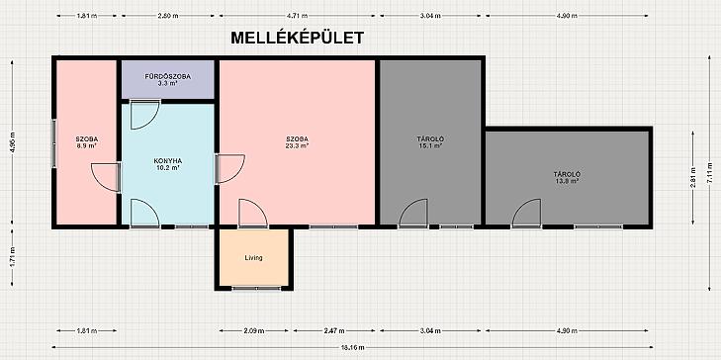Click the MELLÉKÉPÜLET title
(297, 38)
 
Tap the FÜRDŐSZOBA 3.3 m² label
(167, 80)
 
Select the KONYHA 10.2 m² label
(167, 164)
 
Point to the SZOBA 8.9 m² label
(86, 142)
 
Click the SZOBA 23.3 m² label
(297, 142)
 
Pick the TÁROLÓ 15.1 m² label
(430, 142)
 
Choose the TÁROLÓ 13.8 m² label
(567, 177)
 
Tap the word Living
(253, 258)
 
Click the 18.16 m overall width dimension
(353, 347)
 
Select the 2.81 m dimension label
(694, 177)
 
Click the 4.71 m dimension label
(297, 16)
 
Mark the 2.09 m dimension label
(254, 330)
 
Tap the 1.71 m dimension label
(13, 257)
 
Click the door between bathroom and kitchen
(144, 114)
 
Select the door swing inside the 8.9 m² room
(105, 177)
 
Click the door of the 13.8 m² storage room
(527, 214)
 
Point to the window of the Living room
(256, 288)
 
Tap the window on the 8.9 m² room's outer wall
(53, 143)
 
